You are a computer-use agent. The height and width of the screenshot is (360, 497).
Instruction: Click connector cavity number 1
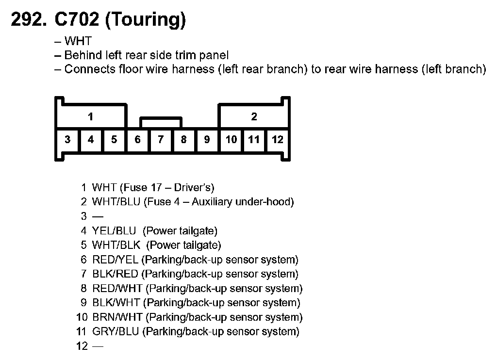tap(91, 116)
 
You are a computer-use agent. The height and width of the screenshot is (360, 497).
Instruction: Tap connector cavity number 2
tap(254, 116)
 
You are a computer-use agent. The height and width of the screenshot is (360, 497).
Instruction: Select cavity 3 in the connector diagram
tap(67, 140)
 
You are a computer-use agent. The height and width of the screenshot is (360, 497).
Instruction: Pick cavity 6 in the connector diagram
tap(138, 140)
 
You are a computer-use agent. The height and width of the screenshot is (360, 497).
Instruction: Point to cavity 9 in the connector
tap(207, 140)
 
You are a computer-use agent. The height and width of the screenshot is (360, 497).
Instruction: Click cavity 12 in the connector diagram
tap(278, 140)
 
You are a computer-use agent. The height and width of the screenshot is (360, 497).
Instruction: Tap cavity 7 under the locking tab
tap(161, 140)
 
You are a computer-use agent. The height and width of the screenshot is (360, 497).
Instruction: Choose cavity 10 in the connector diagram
tap(231, 140)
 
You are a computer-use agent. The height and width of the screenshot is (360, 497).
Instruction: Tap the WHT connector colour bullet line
tap(78, 41)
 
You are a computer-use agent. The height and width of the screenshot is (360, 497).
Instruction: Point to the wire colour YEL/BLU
tap(114, 231)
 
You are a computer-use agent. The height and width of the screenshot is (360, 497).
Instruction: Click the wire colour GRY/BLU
tap(116, 332)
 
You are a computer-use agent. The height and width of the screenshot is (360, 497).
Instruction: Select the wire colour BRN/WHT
tap(117, 317)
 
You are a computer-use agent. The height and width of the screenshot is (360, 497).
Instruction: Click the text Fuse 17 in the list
tap(140, 187)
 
